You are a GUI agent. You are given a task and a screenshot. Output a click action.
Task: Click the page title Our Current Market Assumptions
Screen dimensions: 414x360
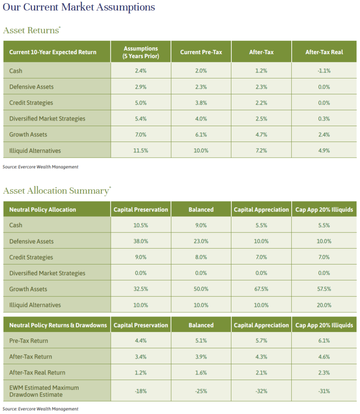pos(79,7)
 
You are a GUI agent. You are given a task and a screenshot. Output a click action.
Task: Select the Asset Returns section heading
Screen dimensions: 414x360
pos(31,30)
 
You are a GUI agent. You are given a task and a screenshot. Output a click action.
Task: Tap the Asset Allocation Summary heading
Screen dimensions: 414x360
pos(55,191)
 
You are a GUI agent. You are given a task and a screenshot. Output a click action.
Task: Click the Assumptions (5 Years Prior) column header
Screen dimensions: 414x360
pos(141,52)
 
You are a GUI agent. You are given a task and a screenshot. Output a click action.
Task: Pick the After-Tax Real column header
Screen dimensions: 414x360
pos(324,52)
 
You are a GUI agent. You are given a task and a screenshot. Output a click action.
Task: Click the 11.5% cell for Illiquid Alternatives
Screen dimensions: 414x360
pos(141,151)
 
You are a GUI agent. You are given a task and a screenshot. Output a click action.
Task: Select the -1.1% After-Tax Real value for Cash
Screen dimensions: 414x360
pos(324,71)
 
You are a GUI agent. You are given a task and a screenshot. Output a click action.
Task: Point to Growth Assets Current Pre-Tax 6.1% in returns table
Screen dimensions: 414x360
pos(201,135)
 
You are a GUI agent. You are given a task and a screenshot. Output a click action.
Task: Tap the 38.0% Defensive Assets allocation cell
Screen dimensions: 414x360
pos(141,241)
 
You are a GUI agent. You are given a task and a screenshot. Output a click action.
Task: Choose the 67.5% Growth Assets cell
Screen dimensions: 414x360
pos(261,289)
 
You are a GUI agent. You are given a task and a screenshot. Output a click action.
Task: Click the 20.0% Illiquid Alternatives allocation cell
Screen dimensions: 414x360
pos(324,305)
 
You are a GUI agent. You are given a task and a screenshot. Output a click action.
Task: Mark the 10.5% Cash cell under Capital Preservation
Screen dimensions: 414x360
pos(141,225)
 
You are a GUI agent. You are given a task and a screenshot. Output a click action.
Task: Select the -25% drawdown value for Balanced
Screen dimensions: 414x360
pos(201,391)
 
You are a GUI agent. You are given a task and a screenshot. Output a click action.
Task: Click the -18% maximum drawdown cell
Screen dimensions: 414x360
pos(141,391)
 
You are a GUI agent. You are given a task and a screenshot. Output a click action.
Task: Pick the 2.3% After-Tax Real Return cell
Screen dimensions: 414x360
pos(324,372)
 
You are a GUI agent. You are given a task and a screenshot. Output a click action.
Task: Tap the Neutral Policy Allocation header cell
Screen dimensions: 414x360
pos(42,209)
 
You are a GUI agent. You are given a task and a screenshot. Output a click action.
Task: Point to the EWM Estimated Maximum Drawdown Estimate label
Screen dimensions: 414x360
pos(44,391)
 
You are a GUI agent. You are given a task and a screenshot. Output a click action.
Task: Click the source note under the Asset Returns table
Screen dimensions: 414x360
pos(40,167)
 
